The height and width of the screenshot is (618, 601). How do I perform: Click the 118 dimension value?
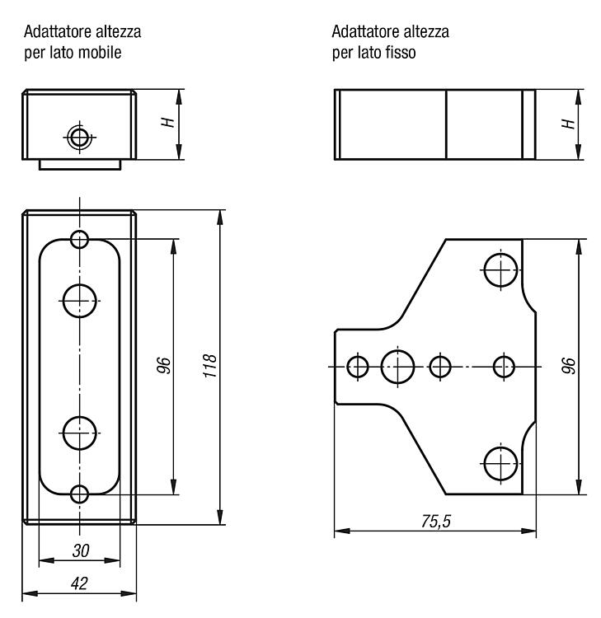210,366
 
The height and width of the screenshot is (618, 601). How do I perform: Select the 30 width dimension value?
81,550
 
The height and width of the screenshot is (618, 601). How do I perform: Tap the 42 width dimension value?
79,583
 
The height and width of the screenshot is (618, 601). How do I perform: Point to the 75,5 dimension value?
436,522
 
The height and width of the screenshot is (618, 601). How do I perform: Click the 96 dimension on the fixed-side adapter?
568,365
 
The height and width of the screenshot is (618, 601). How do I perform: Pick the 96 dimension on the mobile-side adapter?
164,365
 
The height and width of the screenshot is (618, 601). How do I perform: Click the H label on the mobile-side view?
168,123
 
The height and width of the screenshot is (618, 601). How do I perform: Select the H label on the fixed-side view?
568,124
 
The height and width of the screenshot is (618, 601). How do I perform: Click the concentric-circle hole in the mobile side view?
80,138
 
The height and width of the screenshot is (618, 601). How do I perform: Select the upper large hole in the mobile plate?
80,301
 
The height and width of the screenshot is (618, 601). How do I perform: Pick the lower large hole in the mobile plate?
80,433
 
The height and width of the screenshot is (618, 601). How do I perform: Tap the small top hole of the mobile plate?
80,239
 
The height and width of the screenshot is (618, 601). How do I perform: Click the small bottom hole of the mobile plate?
80,494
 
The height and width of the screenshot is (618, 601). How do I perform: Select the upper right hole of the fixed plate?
500,270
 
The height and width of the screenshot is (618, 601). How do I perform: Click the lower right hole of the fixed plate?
500,463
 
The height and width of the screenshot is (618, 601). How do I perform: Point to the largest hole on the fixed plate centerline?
397,367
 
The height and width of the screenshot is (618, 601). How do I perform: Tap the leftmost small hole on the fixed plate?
358,367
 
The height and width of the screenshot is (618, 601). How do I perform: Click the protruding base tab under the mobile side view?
80,165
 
